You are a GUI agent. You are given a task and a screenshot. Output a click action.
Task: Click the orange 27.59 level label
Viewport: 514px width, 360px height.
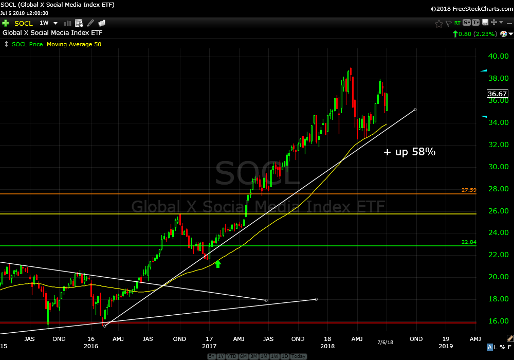point(469,190)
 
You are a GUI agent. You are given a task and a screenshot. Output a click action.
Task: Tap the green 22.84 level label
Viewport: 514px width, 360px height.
point(469,242)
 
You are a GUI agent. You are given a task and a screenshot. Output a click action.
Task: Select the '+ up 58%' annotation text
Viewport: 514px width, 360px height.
point(410,152)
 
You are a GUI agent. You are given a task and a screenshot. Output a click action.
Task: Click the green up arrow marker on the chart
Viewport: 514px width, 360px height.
point(217,264)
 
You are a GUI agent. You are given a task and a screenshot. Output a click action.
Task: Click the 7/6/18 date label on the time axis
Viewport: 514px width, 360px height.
point(385,342)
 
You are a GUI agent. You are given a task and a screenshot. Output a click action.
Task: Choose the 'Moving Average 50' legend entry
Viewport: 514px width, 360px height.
point(74,44)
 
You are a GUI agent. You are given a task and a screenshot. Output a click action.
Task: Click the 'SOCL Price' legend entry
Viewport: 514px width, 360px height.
point(27,44)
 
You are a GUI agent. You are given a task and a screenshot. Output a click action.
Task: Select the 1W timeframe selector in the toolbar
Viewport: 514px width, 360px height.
point(44,23)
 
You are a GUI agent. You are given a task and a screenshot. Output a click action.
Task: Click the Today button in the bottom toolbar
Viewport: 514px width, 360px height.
point(298,356)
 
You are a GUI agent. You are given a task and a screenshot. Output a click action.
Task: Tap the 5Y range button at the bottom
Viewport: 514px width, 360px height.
point(212,356)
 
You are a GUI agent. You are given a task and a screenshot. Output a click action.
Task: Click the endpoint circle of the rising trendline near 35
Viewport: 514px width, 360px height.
point(415,110)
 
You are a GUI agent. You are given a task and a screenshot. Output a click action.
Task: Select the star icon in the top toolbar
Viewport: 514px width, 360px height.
point(439,23)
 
